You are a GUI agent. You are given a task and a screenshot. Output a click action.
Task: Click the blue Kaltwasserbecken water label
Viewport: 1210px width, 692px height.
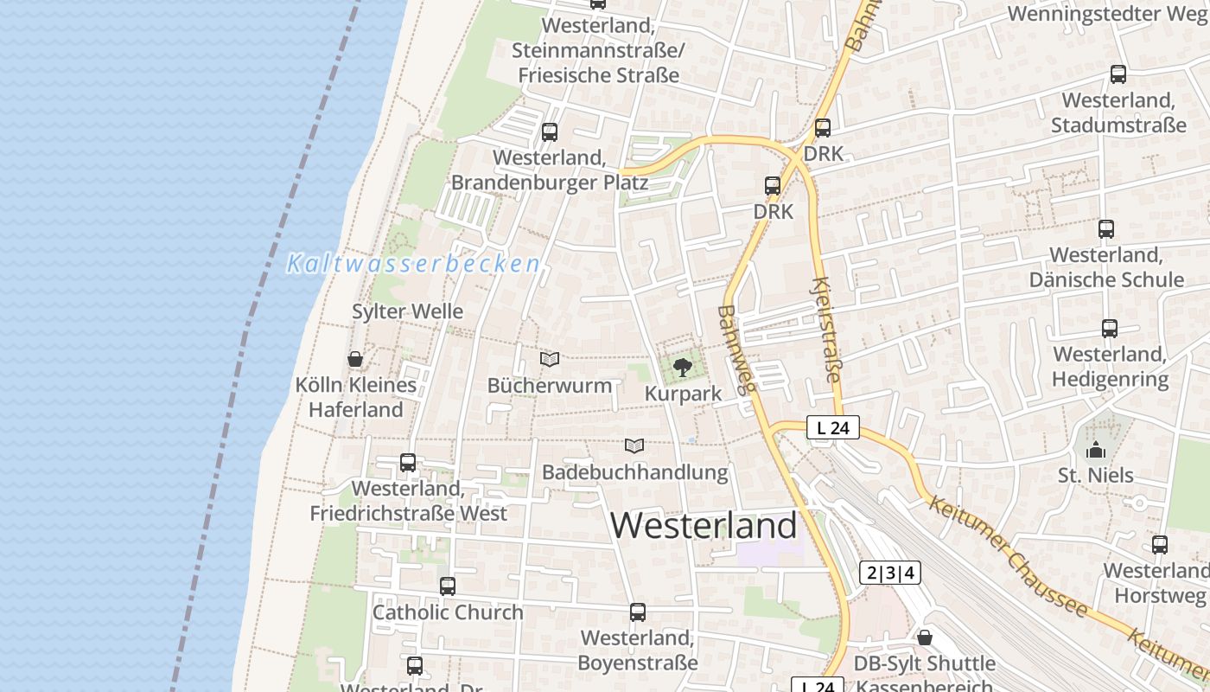click(414, 264)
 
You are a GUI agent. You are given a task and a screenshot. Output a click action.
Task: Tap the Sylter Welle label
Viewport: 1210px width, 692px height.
click(408, 311)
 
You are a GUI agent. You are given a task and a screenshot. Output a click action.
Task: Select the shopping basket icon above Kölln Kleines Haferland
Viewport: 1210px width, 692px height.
click(355, 359)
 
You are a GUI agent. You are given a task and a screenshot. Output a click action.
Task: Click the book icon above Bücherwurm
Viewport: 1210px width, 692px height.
click(550, 359)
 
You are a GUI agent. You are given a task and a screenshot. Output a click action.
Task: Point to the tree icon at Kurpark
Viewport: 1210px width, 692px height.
click(683, 368)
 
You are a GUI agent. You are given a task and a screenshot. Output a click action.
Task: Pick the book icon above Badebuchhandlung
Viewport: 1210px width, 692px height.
click(634, 446)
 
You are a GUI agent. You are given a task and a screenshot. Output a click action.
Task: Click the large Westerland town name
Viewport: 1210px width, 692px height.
click(704, 525)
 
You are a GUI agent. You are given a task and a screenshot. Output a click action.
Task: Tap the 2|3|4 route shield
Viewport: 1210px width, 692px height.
click(890, 573)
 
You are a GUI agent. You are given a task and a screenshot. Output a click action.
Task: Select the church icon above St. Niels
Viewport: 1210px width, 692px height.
click(1096, 450)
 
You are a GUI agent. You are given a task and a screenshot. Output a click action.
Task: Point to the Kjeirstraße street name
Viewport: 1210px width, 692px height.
click(827, 329)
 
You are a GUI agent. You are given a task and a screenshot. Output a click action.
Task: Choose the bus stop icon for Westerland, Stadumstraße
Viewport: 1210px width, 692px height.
click(1118, 74)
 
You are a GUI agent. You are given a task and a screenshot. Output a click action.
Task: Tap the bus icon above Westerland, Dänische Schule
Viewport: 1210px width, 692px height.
click(1106, 229)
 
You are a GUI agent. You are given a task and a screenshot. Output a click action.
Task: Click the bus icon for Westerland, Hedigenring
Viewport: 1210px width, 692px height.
click(1110, 329)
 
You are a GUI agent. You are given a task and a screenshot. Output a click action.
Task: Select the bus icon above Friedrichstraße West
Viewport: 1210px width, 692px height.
click(408, 463)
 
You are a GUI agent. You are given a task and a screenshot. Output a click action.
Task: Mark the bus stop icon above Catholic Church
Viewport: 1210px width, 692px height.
click(448, 586)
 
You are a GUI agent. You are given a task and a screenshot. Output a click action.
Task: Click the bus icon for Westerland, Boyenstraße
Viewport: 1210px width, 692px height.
click(638, 612)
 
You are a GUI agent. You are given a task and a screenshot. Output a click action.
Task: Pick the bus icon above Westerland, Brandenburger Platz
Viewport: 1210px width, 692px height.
click(550, 132)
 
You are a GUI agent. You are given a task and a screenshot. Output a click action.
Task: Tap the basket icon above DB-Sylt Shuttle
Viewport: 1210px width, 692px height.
click(925, 638)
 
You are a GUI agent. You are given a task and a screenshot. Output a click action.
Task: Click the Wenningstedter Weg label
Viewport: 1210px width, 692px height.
click(1108, 14)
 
